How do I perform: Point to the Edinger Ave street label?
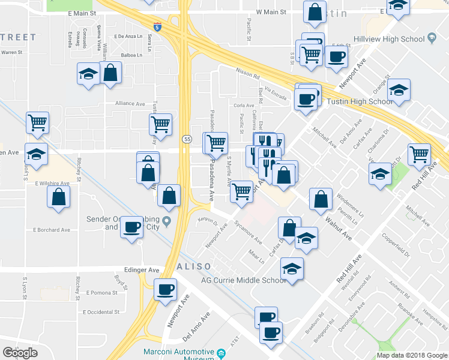tap(142, 270)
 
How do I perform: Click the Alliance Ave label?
tap(131, 103)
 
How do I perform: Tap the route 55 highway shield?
tap(187, 139)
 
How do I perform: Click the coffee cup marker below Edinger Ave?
tap(164, 289)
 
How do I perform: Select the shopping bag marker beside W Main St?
tap(315, 11)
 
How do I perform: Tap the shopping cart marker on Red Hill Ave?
tap(419, 154)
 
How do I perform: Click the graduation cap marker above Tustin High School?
tap(399, 89)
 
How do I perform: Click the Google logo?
tap(20, 353)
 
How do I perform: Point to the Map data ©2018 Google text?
tap(411, 355)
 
